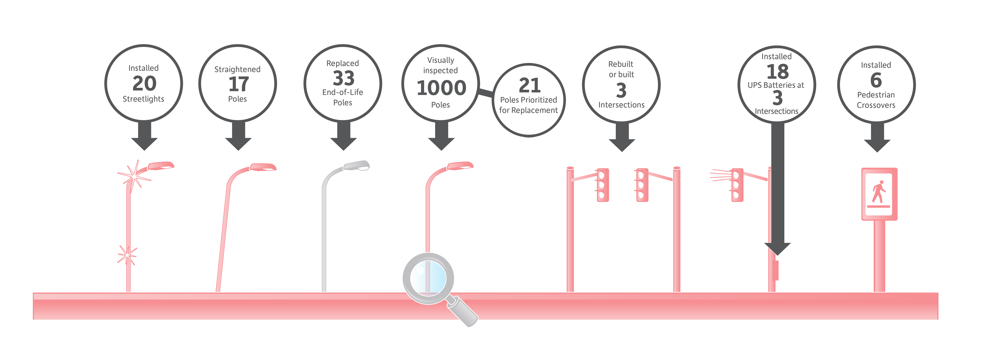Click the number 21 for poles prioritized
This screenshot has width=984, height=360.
point(529,85)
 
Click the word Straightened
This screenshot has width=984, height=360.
point(237,69)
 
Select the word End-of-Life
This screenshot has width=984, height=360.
point(343,92)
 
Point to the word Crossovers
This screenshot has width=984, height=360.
point(876,105)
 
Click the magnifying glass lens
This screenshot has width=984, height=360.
point(428,278)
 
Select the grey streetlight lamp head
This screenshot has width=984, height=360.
point(356,166)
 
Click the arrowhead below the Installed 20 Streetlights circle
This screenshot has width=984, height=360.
point(144,144)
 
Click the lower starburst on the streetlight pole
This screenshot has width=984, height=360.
point(127,255)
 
